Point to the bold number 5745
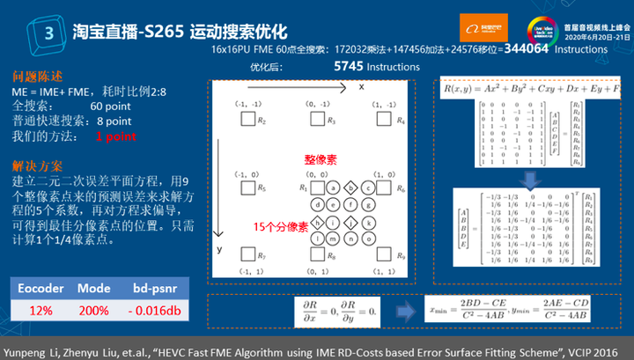coord(348,66)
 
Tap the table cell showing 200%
coord(94,309)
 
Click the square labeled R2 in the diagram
coord(247,120)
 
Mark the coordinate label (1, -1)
coord(383,105)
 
